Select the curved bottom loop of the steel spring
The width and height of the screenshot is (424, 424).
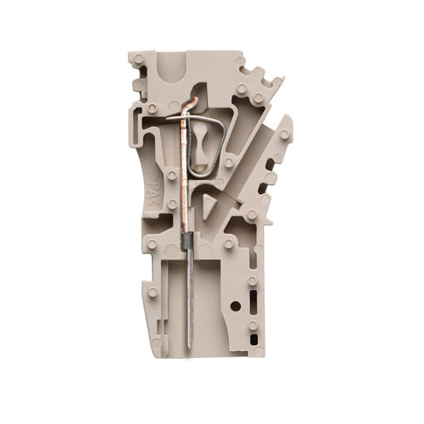(204, 174)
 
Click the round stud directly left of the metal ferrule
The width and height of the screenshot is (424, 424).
(151, 246)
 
